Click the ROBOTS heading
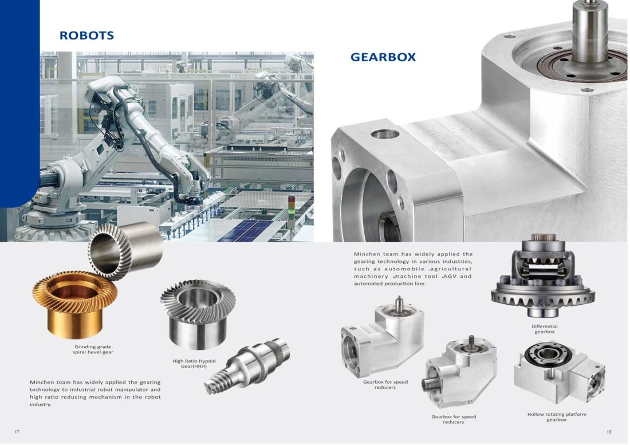click(x=87, y=36)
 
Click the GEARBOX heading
click(x=383, y=57)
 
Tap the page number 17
click(x=17, y=432)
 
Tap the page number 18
click(x=609, y=432)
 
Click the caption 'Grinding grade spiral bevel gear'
click(x=93, y=349)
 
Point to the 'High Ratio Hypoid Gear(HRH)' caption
click(x=194, y=364)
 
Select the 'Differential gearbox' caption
click(x=545, y=329)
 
